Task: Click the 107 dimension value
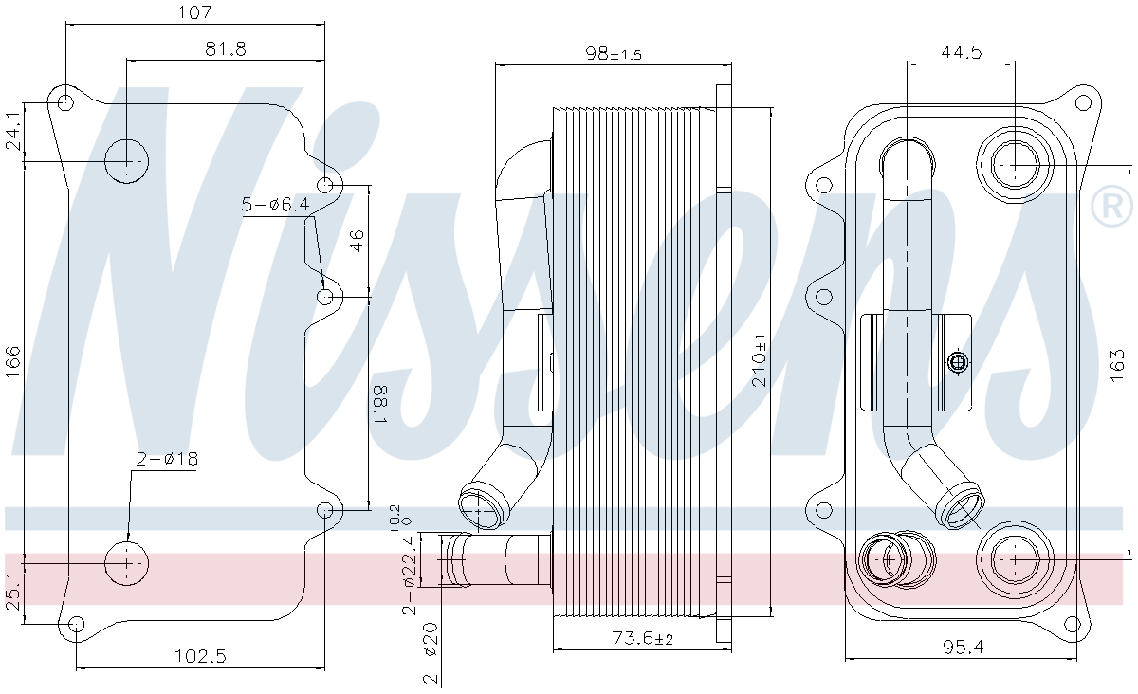click(x=194, y=12)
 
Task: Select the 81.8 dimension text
click(x=226, y=48)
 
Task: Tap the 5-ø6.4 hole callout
click(x=275, y=204)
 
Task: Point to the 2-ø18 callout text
click(x=167, y=459)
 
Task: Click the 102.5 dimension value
click(x=200, y=656)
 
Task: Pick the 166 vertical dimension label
click(x=12, y=362)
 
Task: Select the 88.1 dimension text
click(x=380, y=405)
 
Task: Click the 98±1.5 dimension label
click(x=614, y=53)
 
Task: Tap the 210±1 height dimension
click(x=759, y=360)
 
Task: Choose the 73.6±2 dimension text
click(x=643, y=638)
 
